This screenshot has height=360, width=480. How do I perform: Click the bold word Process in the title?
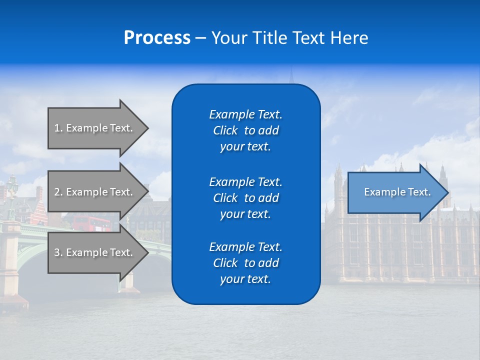[157, 38]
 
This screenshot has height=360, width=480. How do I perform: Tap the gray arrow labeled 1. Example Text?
[95, 128]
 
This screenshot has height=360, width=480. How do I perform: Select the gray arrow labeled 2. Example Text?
[95, 192]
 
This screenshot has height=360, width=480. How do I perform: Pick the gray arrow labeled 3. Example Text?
[95, 252]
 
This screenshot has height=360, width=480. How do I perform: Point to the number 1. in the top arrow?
[58, 128]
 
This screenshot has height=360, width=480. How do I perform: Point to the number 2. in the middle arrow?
[58, 192]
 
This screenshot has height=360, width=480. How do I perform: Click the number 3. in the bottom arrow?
[58, 252]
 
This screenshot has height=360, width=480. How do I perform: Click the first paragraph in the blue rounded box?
[245, 130]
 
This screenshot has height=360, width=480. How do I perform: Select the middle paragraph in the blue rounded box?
[245, 198]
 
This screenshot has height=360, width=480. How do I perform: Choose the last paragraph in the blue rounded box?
[245, 263]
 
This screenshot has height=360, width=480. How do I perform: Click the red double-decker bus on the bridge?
[90, 222]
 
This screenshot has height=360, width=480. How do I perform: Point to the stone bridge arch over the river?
[35, 260]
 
